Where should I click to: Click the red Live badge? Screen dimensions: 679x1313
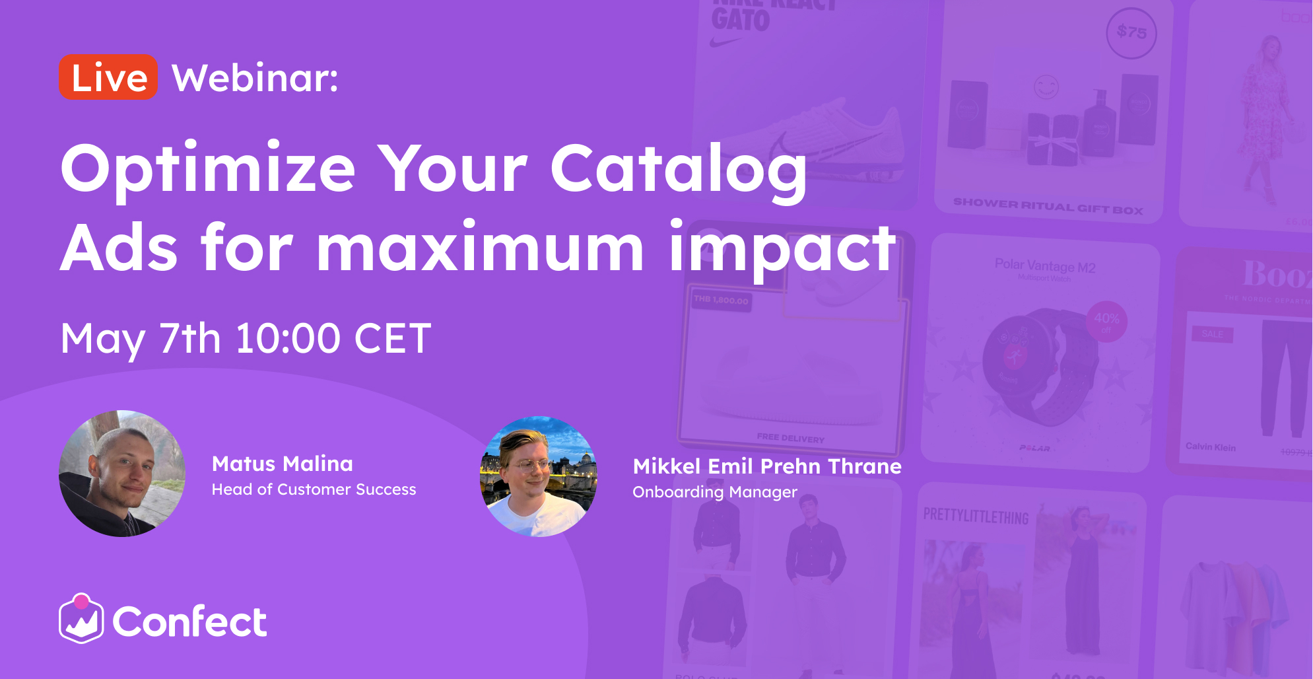[108, 77]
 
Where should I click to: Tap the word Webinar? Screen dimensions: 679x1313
[255, 78]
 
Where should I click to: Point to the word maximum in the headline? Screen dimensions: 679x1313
[480, 248]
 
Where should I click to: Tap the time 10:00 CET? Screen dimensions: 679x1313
[333, 339]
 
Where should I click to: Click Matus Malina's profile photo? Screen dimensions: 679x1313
[122, 474]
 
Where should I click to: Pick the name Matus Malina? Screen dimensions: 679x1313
[283, 464]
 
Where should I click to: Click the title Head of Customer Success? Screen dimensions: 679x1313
[314, 489]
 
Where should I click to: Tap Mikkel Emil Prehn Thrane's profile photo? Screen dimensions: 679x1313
[539, 476]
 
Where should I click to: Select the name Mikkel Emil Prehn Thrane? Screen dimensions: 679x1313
[767, 466]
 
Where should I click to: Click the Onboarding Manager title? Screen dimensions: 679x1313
[715, 492]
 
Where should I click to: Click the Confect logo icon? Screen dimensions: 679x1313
[81, 619]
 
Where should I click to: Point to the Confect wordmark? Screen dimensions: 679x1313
[189, 622]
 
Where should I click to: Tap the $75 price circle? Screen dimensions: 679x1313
[1131, 32]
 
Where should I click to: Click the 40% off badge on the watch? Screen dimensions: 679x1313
[1106, 321]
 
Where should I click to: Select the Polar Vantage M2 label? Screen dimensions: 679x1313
[1045, 266]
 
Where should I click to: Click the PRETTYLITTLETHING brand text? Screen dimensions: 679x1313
[976, 516]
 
